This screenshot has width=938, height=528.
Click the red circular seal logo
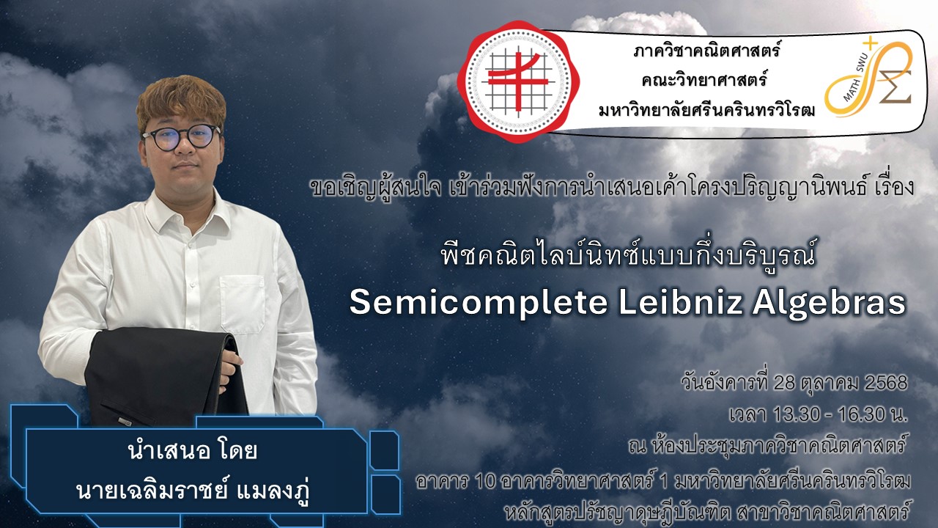coord(518,81)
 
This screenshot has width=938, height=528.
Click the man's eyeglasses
coord(181,137)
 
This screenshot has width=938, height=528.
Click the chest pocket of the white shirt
coord(243,304)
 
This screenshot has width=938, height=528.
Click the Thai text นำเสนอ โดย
coord(193,451)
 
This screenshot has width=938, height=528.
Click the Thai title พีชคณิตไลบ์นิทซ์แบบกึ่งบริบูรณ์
coord(629,254)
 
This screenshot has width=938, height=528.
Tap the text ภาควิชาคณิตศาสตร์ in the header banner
coord(707,51)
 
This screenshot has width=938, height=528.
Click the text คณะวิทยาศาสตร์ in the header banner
coord(704,80)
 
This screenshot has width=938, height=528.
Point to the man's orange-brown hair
coord(181,100)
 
